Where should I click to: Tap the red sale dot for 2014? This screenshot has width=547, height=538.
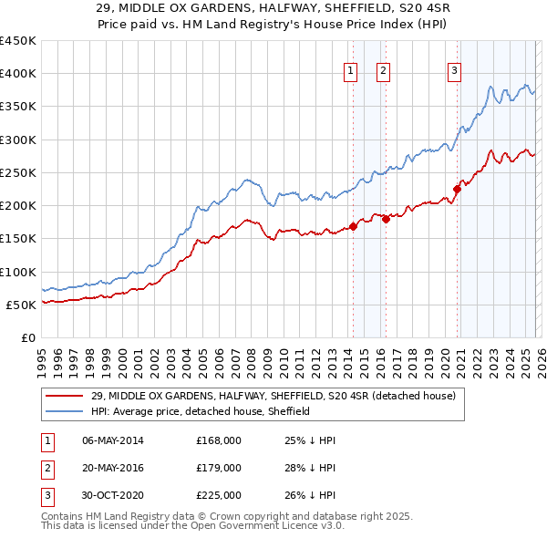coord(353,227)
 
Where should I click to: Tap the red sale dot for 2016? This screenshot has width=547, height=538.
coord(386,219)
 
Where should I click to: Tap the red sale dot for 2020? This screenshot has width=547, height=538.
coord(457,190)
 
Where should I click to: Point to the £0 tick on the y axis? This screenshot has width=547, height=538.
coord(27,337)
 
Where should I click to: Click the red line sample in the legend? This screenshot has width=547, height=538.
coord(65,396)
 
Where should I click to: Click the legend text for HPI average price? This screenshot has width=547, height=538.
coord(201,411)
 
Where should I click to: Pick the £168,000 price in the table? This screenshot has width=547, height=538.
coord(218,440)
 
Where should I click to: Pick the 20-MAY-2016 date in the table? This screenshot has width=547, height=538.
coord(112,468)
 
